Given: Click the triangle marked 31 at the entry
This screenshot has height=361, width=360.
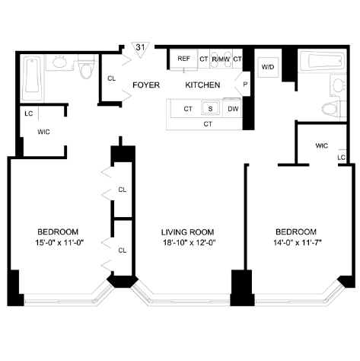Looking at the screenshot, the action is click(140, 49).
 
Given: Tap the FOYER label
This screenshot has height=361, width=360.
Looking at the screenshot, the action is click(146, 85).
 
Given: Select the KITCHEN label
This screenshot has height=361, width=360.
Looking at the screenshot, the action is click(202, 85).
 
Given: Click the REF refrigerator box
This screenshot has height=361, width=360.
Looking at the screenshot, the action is click(183, 59).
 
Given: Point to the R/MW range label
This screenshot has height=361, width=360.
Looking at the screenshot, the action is click(221, 59).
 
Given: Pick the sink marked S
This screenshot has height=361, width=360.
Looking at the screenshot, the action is click(210, 108).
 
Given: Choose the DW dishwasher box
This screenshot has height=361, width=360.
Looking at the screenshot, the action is click(232, 109).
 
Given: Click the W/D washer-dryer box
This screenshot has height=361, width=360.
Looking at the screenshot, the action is click(268, 67).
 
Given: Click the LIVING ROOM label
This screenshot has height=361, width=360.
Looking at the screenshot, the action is click(188, 232).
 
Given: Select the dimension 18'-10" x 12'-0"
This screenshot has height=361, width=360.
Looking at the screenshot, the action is click(190, 243).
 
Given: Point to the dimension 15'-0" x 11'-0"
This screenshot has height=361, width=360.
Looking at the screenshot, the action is click(59, 243).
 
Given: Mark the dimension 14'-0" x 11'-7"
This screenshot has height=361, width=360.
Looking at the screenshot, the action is click(298, 243).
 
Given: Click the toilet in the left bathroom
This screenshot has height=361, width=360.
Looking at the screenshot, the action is click(86, 66).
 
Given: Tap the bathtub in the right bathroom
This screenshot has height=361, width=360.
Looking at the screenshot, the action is click(322, 61).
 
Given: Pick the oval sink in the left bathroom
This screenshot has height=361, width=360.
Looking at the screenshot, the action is click(59, 62).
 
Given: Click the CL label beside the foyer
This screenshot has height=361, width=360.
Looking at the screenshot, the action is click(112, 78).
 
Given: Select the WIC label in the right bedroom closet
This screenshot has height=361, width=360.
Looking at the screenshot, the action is click(322, 145).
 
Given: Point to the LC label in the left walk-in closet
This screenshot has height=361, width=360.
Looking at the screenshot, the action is click(29, 113).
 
